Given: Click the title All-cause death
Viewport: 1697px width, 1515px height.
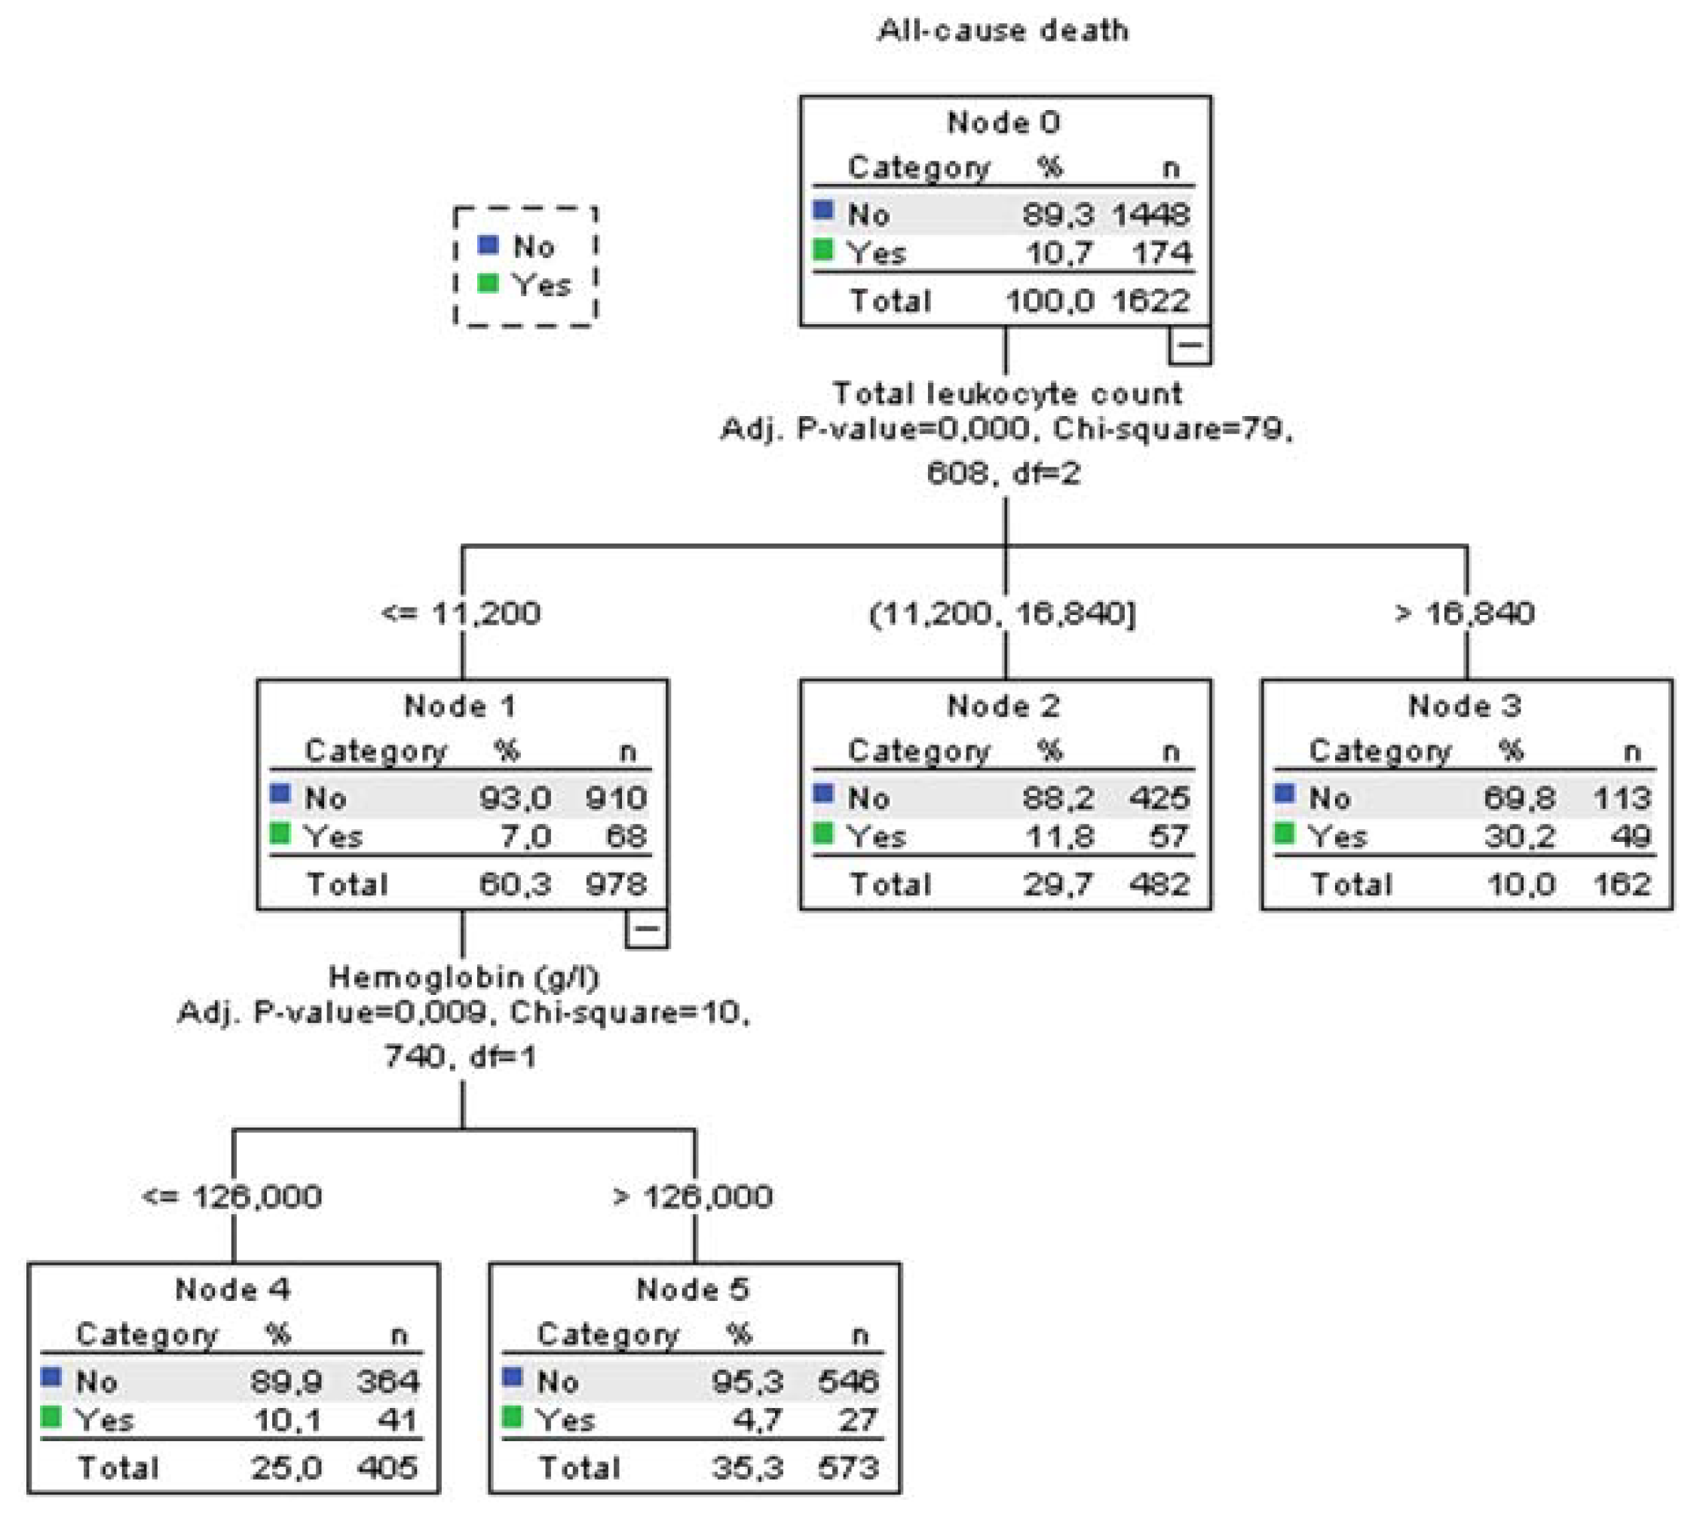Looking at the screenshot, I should pos(1003,31).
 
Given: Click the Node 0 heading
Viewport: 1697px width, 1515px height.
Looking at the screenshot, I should pos(1003,122).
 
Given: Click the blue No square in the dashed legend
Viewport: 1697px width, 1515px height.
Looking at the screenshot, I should pos(489,245).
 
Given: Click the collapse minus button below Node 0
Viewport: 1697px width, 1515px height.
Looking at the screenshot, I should pos(1189,344).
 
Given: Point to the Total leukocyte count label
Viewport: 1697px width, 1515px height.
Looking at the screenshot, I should pos(1006,393).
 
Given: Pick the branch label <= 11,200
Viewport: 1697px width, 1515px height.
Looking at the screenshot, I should pos(461,614).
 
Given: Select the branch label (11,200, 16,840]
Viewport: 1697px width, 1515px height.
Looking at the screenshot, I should pos(1003,614).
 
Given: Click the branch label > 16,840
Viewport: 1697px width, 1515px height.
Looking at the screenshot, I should pos(1464,614).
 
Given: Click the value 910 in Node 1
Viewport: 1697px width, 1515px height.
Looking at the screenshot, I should pos(615,798).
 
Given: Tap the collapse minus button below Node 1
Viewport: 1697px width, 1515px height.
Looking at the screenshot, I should pos(646,928).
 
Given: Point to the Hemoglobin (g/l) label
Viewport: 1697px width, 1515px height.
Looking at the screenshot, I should pos(463,976).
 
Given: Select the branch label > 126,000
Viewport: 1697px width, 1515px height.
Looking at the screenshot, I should pos(692,1197).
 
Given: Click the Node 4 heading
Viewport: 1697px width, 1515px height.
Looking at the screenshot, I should pos(232,1290).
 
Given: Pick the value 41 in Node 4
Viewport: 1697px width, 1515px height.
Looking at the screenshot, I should pos(397,1419).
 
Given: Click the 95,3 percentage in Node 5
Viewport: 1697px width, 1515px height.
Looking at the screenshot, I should pos(747,1382).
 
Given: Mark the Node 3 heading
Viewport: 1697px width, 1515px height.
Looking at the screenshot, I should pos(1464,706).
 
